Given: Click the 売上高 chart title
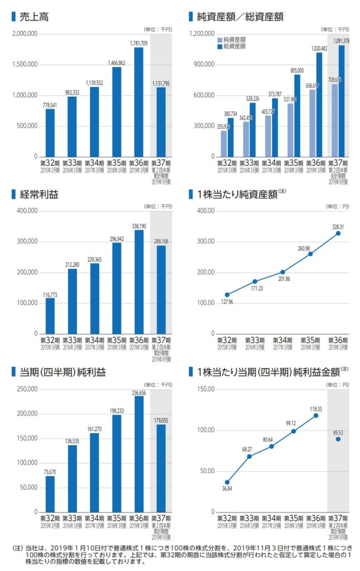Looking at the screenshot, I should pyautogui.click(x=33, y=17).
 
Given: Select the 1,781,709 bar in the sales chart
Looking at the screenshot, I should pyautogui.click(x=139, y=102).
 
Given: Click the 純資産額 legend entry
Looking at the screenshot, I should pyautogui.click(x=235, y=40).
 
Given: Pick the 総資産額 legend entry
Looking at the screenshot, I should pyautogui.click(x=235, y=47).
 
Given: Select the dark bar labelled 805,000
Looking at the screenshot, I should pyautogui.click(x=296, y=115).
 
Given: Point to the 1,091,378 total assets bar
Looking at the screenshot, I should pyautogui.click(x=341, y=100).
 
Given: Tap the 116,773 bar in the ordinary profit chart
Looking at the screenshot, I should pyautogui.click(x=50, y=316).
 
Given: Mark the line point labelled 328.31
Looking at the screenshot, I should pyautogui.click(x=338, y=233).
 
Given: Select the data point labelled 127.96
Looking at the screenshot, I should pyautogui.click(x=227, y=294).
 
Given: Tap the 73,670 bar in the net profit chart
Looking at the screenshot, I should pyautogui.click(x=50, y=493).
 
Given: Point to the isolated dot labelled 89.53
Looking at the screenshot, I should pyautogui.click(x=338, y=439).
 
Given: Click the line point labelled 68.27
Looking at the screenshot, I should pyautogui.click(x=249, y=456).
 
